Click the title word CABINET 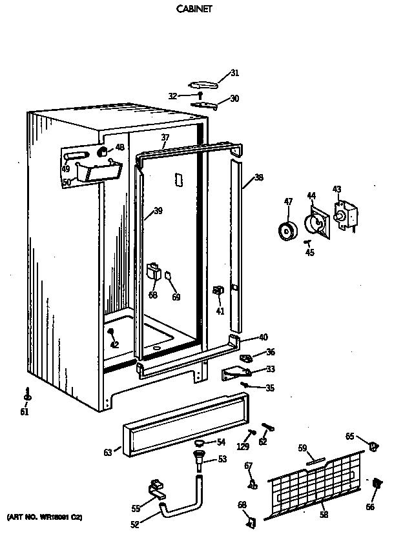(194, 10)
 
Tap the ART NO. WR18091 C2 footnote (45, 517)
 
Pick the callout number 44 (311, 195)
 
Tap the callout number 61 (24, 412)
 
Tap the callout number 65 (349, 437)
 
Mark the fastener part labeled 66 (377, 484)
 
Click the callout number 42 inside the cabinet (114, 344)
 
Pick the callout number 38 (259, 177)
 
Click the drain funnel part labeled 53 (198, 461)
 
